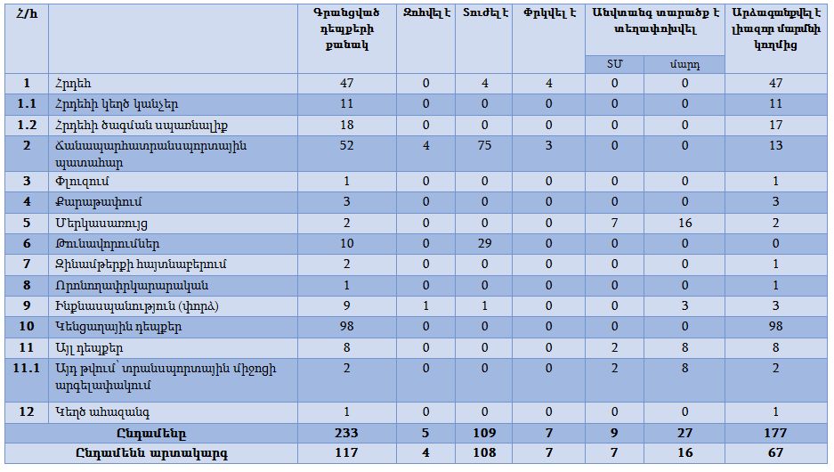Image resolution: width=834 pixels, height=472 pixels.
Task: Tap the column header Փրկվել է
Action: pos(548,12)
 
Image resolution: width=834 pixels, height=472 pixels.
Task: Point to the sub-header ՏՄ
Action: pos(614,65)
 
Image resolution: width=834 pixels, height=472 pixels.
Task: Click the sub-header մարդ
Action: pos(684,65)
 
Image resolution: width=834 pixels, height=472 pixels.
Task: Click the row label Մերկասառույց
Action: pos(101,222)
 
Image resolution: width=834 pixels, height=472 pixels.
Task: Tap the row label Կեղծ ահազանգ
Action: pos(93,411)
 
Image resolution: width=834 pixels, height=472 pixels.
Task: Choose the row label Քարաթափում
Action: pos(92,201)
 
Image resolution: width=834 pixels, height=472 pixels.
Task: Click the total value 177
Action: pos(775,433)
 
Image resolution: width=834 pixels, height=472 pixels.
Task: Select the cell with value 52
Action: pos(346,145)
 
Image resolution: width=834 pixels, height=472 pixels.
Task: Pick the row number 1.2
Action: pos(27,125)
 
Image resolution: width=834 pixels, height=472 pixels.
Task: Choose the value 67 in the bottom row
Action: pos(775,452)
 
